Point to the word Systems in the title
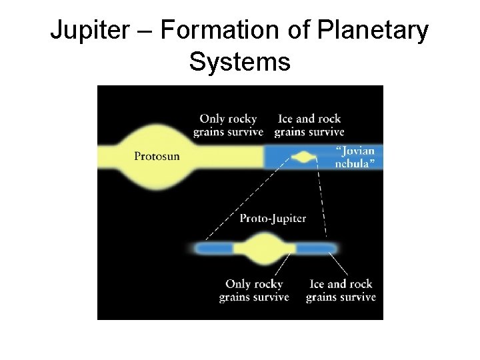pyautogui.click(x=240, y=62)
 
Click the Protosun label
pyautogui.click(x=157, y=157)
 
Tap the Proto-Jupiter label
pyautogui.click(x=273, y=218)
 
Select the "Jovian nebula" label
pyautogui.click(x=354, y=157)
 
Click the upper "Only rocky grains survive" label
pyautogui.click(x=228, y=125)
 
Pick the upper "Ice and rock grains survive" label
pyautogui.click(x=307, y=125)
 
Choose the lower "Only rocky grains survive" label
pyautogui.click(x=254, y=291)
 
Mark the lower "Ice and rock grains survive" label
pyautogui.click(x=341, y=291)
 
